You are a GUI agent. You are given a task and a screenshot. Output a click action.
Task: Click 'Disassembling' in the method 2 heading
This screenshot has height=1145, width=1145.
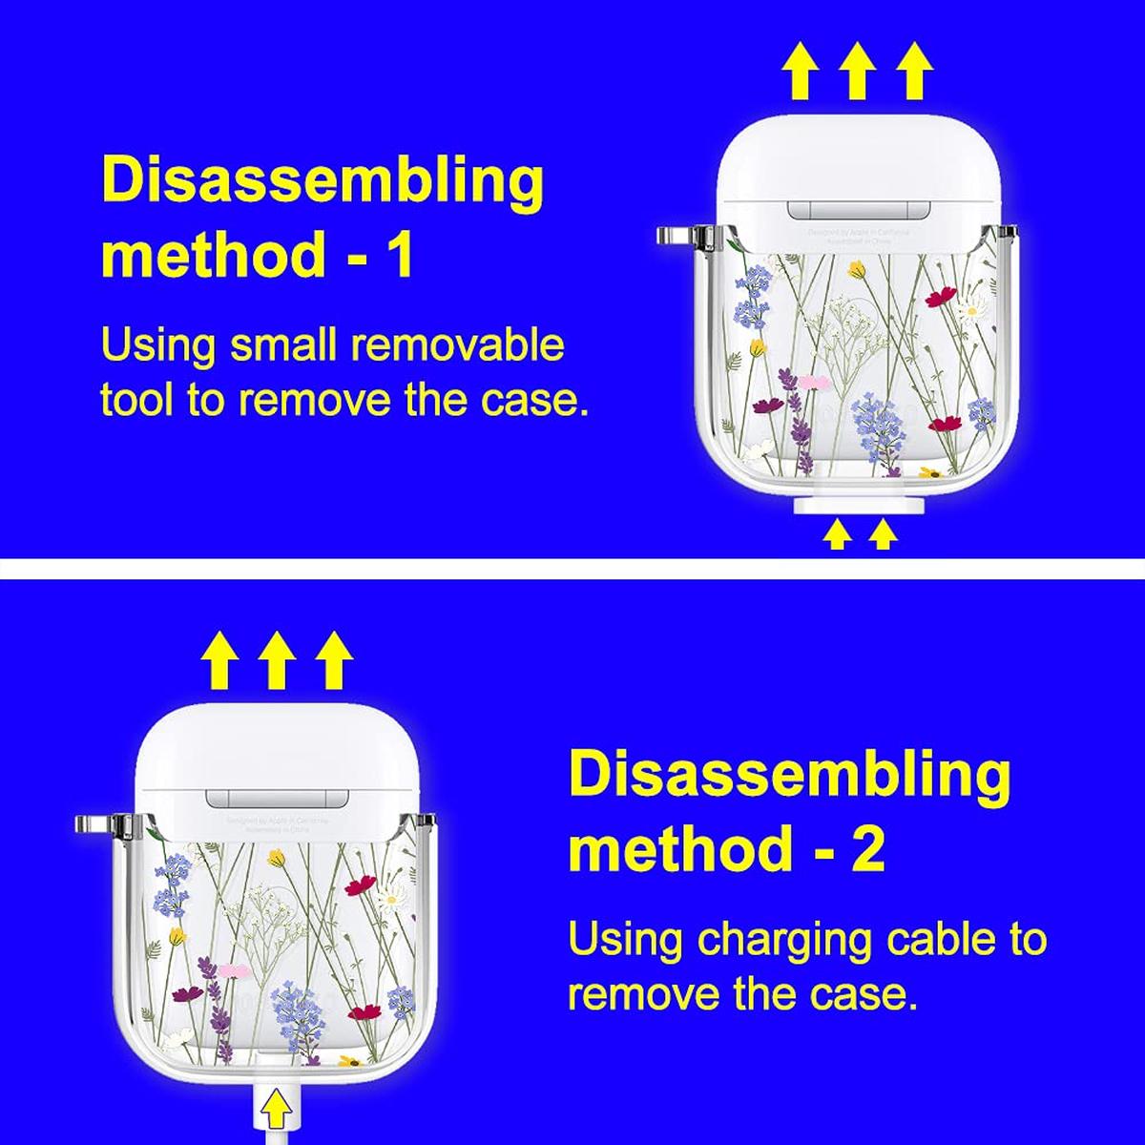789,777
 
